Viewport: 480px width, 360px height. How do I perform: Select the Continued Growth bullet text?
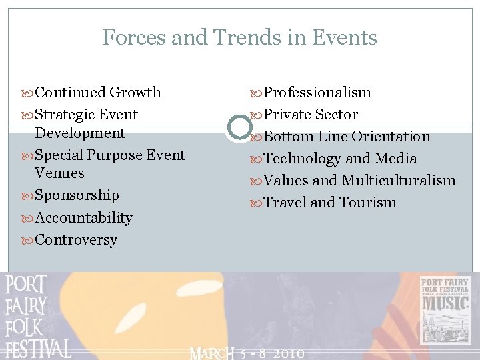pyautogui.click(x=97, y=92)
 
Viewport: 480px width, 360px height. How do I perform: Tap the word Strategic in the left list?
pyautogui.click(x=64, y=115)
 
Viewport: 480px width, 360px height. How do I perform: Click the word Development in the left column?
pyautogui.click(x=80, y=133)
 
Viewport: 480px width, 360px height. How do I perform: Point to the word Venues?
pyautogui.click(x=59, y=173)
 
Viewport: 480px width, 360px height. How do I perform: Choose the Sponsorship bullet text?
pyautogui.click(x=77, y=195)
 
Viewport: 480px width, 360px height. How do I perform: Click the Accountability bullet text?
pyautogui.click(x=83, y=218)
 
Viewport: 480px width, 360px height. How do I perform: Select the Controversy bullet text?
pyautogui.click(x=76, y=240)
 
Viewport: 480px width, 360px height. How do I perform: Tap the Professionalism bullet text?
pyautogui.click(x=317, y=92)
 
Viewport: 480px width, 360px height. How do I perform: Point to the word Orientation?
pyautogui.click(x=391, y=137)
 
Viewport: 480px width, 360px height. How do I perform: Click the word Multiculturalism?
pyautogui.click(x=399, y=181)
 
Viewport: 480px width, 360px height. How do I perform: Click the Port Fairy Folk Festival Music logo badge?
pyautogui.click(x=445, y=311)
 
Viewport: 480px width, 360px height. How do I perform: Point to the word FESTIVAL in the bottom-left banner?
pyautogui.click(x=38, y=349)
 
